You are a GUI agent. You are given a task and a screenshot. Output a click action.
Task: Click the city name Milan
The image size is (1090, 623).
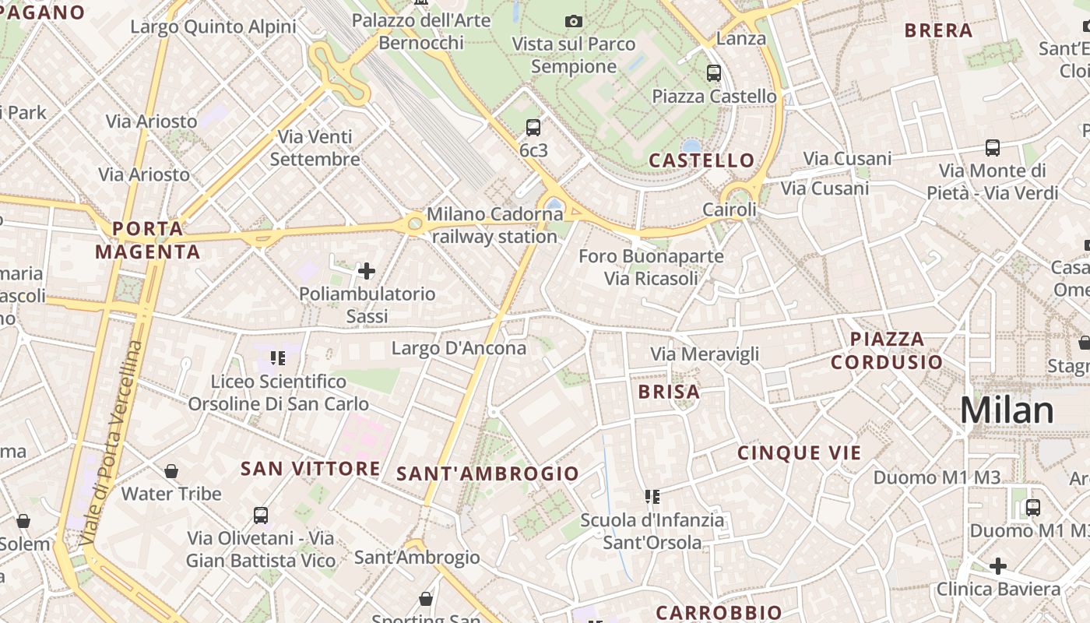(1007, 410)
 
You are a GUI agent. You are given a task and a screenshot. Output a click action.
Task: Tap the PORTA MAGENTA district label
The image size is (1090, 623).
(148, 240)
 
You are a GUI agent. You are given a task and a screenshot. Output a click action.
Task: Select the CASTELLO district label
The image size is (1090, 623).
(701, 160)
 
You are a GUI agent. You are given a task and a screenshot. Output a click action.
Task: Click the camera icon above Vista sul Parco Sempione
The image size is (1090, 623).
(574, 21)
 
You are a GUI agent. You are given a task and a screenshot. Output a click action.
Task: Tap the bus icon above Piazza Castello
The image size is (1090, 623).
(714, 73)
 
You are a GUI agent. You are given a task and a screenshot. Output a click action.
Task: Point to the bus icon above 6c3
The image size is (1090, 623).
(533, 127)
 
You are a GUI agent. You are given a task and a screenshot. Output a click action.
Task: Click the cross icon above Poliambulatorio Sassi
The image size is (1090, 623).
(367, 271)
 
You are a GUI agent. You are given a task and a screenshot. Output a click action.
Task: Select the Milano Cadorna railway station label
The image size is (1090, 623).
(494, 224)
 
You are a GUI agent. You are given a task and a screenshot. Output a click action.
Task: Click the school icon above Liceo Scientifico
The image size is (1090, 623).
(278, 358)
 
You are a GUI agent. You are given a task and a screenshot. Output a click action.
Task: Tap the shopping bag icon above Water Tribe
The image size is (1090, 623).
(171, 471)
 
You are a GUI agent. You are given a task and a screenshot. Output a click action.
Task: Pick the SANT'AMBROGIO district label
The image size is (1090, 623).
(488, 473)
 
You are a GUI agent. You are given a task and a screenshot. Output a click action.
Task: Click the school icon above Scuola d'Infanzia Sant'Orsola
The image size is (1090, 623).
(652, 496)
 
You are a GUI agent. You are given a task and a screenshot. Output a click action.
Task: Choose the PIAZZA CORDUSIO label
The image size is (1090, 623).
(887, 350)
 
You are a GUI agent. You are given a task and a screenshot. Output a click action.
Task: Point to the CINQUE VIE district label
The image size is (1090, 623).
(800, 453)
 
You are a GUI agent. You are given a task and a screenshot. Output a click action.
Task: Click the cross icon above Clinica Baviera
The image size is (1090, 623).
(998, 565)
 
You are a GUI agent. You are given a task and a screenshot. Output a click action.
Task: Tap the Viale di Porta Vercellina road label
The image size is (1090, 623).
(113, 442)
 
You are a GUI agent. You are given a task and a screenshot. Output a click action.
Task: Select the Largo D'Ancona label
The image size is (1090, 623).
(459, 348)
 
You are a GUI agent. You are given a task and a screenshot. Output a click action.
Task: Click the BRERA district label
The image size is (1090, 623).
(938, 30)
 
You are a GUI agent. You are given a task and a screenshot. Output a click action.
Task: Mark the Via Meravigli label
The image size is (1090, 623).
(705, 354)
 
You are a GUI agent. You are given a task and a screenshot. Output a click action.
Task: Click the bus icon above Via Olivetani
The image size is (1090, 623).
(261, 515)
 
